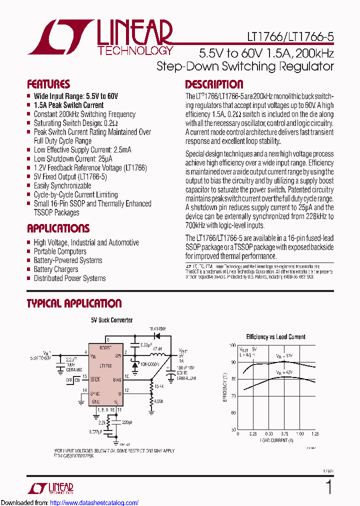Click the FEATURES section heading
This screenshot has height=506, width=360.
(x=48, y=84)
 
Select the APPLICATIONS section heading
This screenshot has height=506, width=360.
(x=58, y=228)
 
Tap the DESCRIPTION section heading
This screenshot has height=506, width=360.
(x=214, y=84)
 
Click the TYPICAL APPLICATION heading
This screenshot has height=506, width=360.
(x=74, y=303)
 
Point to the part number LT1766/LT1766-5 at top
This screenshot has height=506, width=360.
(x=290, y=37)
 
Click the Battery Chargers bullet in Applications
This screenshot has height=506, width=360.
(x=55, y=269)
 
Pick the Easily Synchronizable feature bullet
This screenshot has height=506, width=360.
(x=62, y=186)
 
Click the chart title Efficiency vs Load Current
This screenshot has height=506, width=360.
(x=275, y=337)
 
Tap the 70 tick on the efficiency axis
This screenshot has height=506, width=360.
(x=232, y=396)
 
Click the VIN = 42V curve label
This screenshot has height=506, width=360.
(x=284, y=373)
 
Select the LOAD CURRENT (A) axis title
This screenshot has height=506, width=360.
(x=276, y=440)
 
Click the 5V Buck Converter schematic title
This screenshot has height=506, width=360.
(x=111, y=320)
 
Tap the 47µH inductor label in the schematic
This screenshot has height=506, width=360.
(x=156, y=348)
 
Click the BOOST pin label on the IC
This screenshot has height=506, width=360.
(x=105, y=347)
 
